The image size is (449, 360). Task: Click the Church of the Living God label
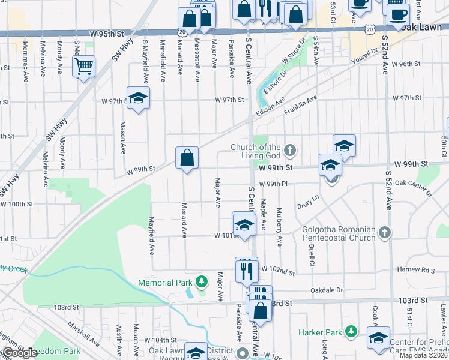(x=256, y=152)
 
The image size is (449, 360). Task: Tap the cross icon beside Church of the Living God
(x=290, y=149)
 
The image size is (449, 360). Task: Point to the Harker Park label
(x=321, y=332)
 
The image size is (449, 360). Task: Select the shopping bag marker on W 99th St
(x=187, y=158)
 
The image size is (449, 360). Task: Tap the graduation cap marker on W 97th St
(x=138, y=99)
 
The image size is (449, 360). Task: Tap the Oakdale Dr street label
(x=327, y=290)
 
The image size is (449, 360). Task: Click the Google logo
(x=19, y=353)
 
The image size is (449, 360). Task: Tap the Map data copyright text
(x=423, y=355)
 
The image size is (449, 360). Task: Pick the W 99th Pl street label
(x=274, y=184)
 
